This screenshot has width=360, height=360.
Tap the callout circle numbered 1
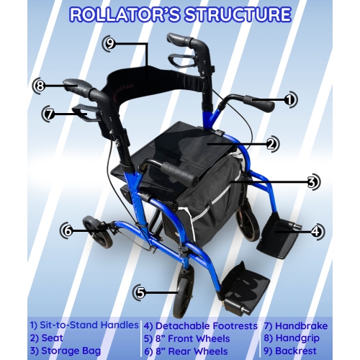tap(289, 100)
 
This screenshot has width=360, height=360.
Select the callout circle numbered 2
tap(271, 144)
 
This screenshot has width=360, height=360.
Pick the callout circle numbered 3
tap(312, 182)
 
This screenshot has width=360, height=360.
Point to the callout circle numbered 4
tap(317, 232)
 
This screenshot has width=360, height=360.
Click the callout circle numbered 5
tap(140, 292)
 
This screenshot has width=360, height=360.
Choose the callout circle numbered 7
tap(49, 113)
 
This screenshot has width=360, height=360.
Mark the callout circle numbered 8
tap(40, 86)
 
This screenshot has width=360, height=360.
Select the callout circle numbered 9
tap(109, 42)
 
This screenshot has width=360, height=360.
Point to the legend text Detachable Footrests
tap(205, 325)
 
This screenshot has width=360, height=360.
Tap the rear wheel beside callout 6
tap(94, 233)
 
